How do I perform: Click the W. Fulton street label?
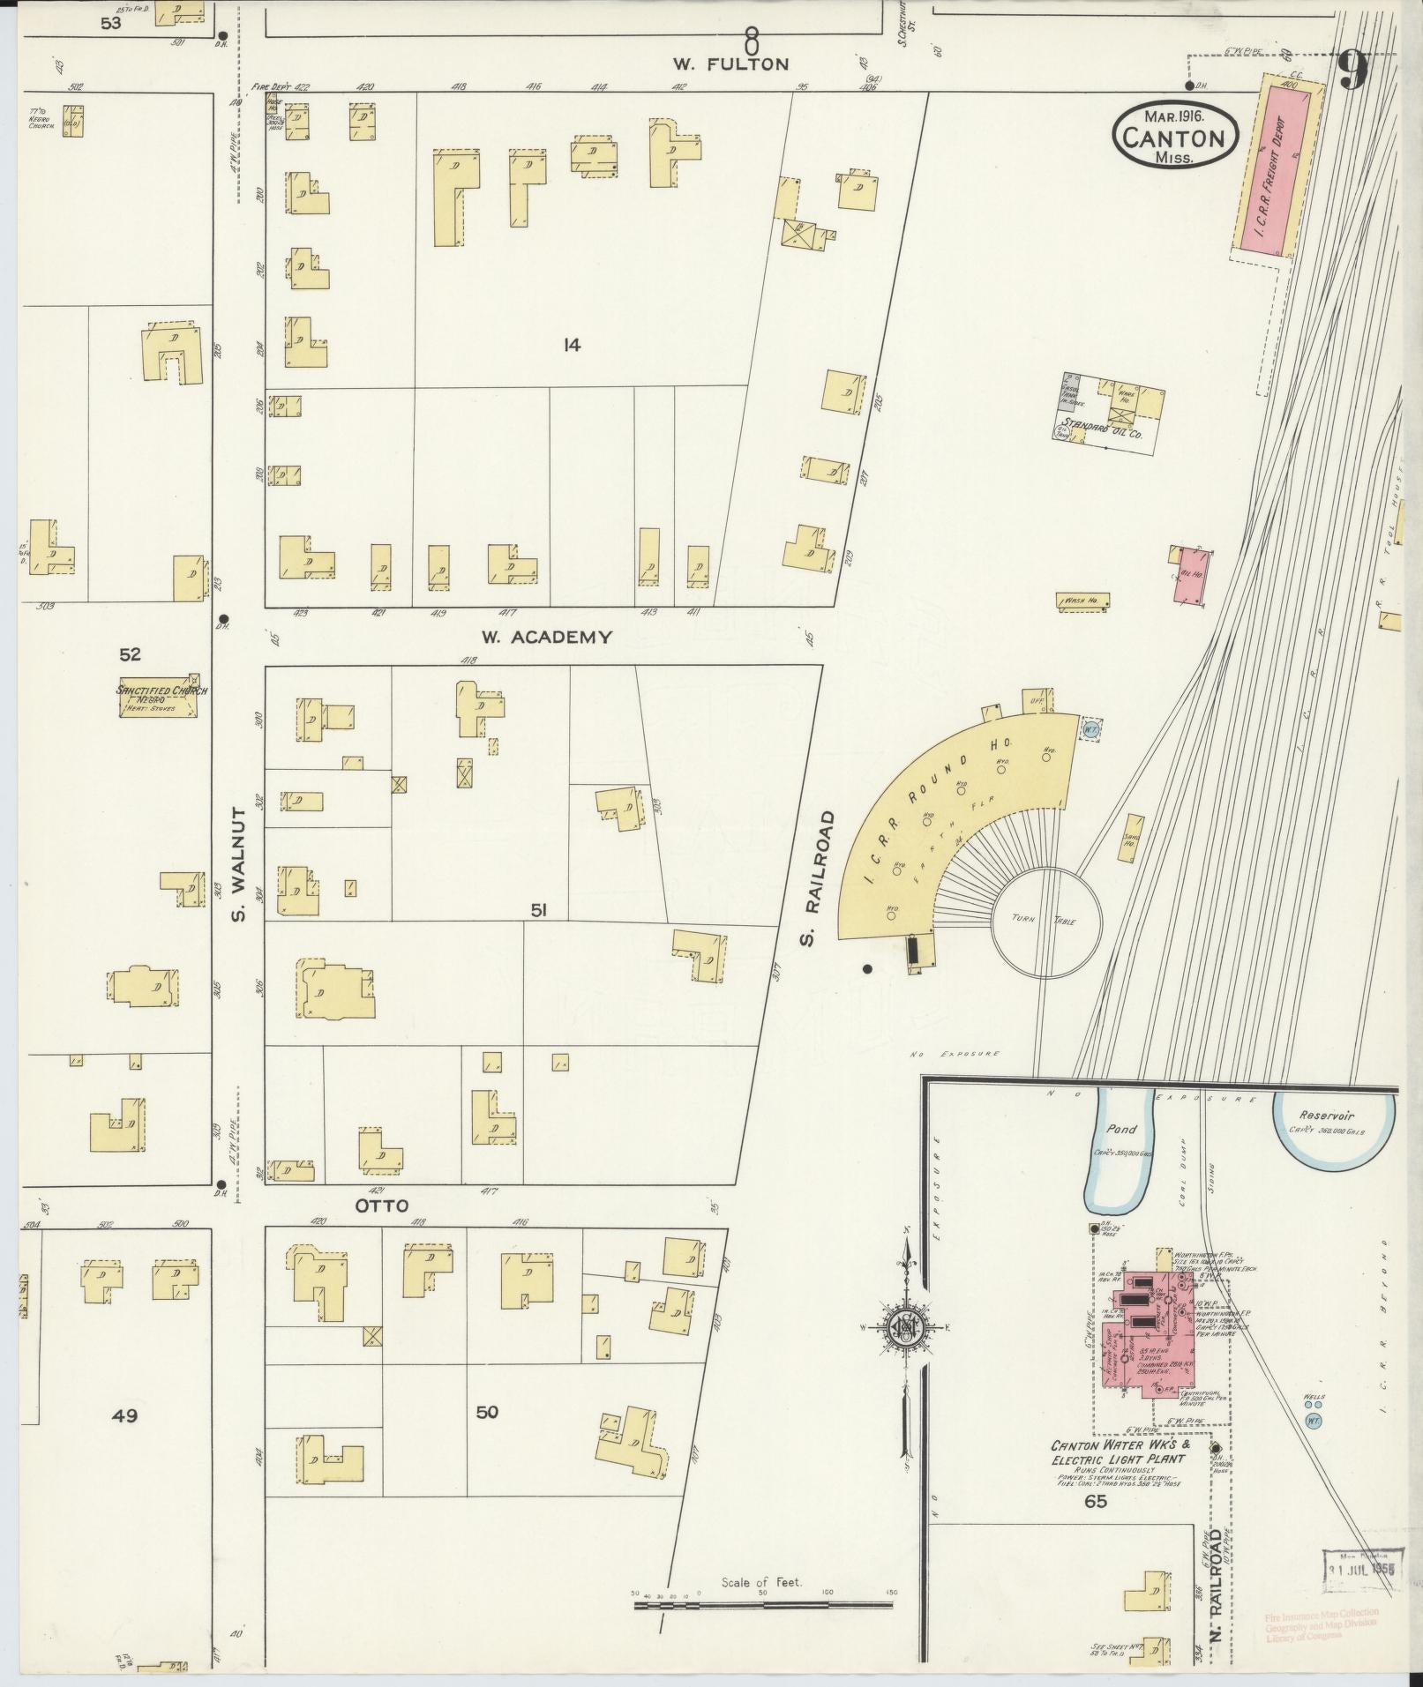pos(730,63)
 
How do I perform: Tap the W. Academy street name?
pos(547,637)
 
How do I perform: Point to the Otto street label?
pos(383,1206)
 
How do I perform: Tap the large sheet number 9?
pos(1353,70)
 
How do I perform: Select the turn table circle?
pos(1046,922)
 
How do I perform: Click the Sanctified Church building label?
pos(162,690)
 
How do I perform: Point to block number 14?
pos(572,346)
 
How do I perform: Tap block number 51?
pos(538,909)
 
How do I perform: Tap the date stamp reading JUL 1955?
pos(1359,1571)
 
